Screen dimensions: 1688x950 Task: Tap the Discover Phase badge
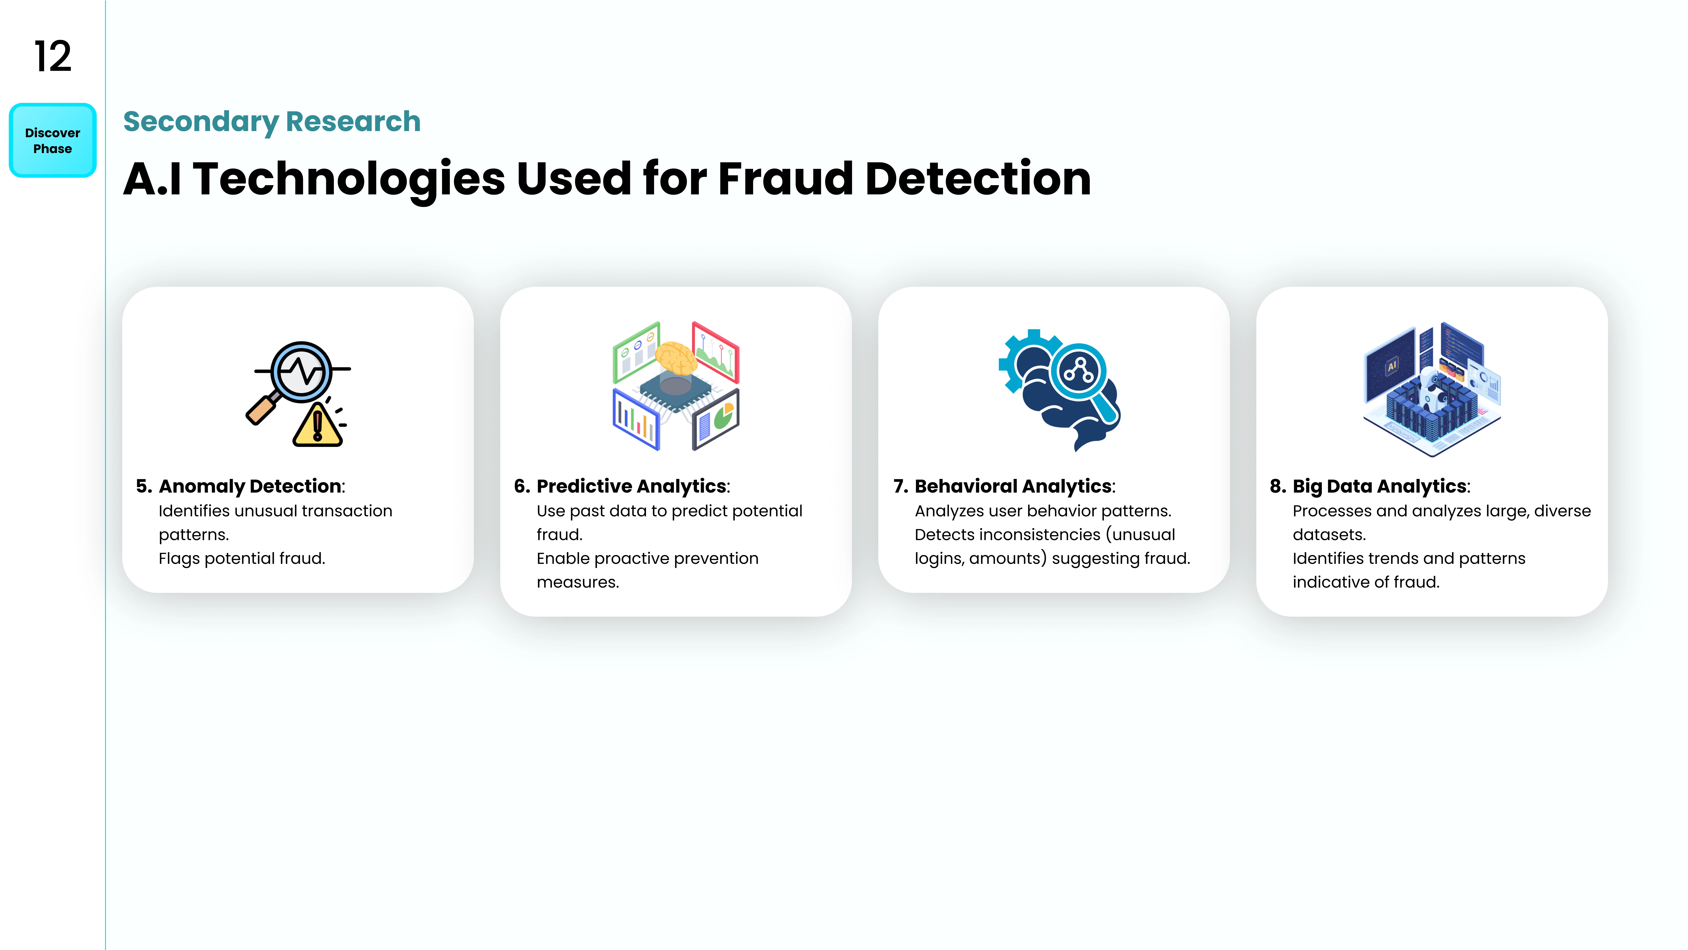pyautogui.click(x=53, y=140)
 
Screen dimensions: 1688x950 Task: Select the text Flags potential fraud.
pyautogui.click(x=242, y=559)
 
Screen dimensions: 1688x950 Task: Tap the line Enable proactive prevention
pyautogui.click(x=648, y=559)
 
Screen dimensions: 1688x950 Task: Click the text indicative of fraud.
pyautogui.click(x=1366, y=582)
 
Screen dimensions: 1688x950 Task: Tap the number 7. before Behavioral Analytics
pyautogui.click(x=901, y=486)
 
